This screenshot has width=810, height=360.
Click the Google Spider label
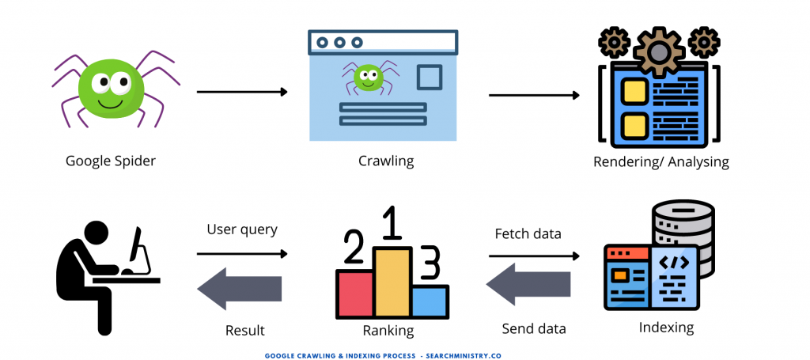tap(110, 161)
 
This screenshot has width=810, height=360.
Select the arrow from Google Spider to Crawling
tap(241, 92)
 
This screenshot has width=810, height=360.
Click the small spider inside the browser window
tap(367, 78)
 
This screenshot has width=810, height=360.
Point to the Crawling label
tap(386, 161)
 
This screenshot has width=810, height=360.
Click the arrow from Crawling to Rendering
tap(534, 96)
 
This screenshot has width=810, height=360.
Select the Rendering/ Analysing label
tap(660, 162)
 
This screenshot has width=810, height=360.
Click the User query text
tap(242, 229)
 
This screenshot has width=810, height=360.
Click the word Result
tap(244, 330)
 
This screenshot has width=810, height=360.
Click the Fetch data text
tap(528, 233)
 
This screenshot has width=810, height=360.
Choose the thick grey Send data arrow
tap(528, 286)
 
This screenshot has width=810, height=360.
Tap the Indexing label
tap(665, 327)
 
